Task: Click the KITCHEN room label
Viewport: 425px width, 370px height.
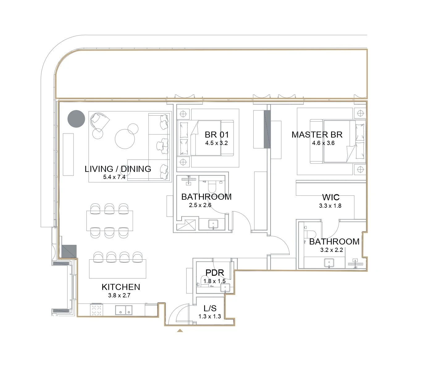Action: pyautogui.click(x=121, y=287)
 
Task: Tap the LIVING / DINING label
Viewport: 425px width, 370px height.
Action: pyautogui.click(x=118, y=169)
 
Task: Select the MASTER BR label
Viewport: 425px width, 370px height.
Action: pyautogui.click(x=317, y=135)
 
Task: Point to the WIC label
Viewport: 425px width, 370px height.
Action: pyautogui.click(x=331, y=197)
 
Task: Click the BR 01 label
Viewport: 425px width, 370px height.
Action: pyautogui.click(x=217, y=135)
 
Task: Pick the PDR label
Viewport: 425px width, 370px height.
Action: pyautogui.click(x=215, y=273)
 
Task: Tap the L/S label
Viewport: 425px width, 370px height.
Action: pyautogui.click(x=210, y=308)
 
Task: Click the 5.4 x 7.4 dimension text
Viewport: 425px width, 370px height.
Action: pyautogui.click(x=114, y=177)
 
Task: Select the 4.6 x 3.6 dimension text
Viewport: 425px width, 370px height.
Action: pyautogui.click(x=323, y=143)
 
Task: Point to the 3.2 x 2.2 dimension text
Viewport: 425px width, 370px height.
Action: pyautogui.click(x=331, y=250)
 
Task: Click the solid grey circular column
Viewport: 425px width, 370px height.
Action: pyautogui.click(x=76, y=119)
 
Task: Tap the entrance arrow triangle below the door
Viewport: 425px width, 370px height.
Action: pyautogui.click(x=180, y=330)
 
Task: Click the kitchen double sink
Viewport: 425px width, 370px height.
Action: pyautogui.click(x=124, y=310)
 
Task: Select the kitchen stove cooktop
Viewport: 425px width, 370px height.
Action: pyautogui.click(x=96, y=310)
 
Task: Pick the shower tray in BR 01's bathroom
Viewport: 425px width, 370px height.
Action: pyautogui.click(x=186, y=224)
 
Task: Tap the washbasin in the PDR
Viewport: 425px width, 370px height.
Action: pyautogui.click(x=225, y=287)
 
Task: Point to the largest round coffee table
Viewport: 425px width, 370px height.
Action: pyautogui.click(x=125, y=139)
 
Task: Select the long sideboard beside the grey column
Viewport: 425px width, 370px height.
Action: pyautogui.click(x=68, y=155)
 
